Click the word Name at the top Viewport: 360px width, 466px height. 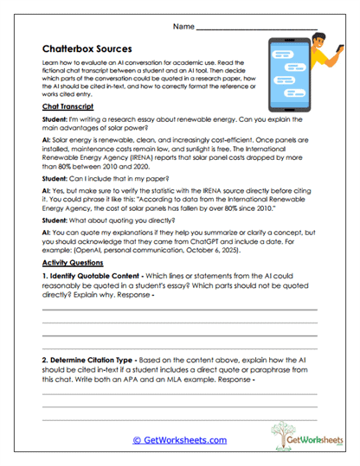coord(183,28)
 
